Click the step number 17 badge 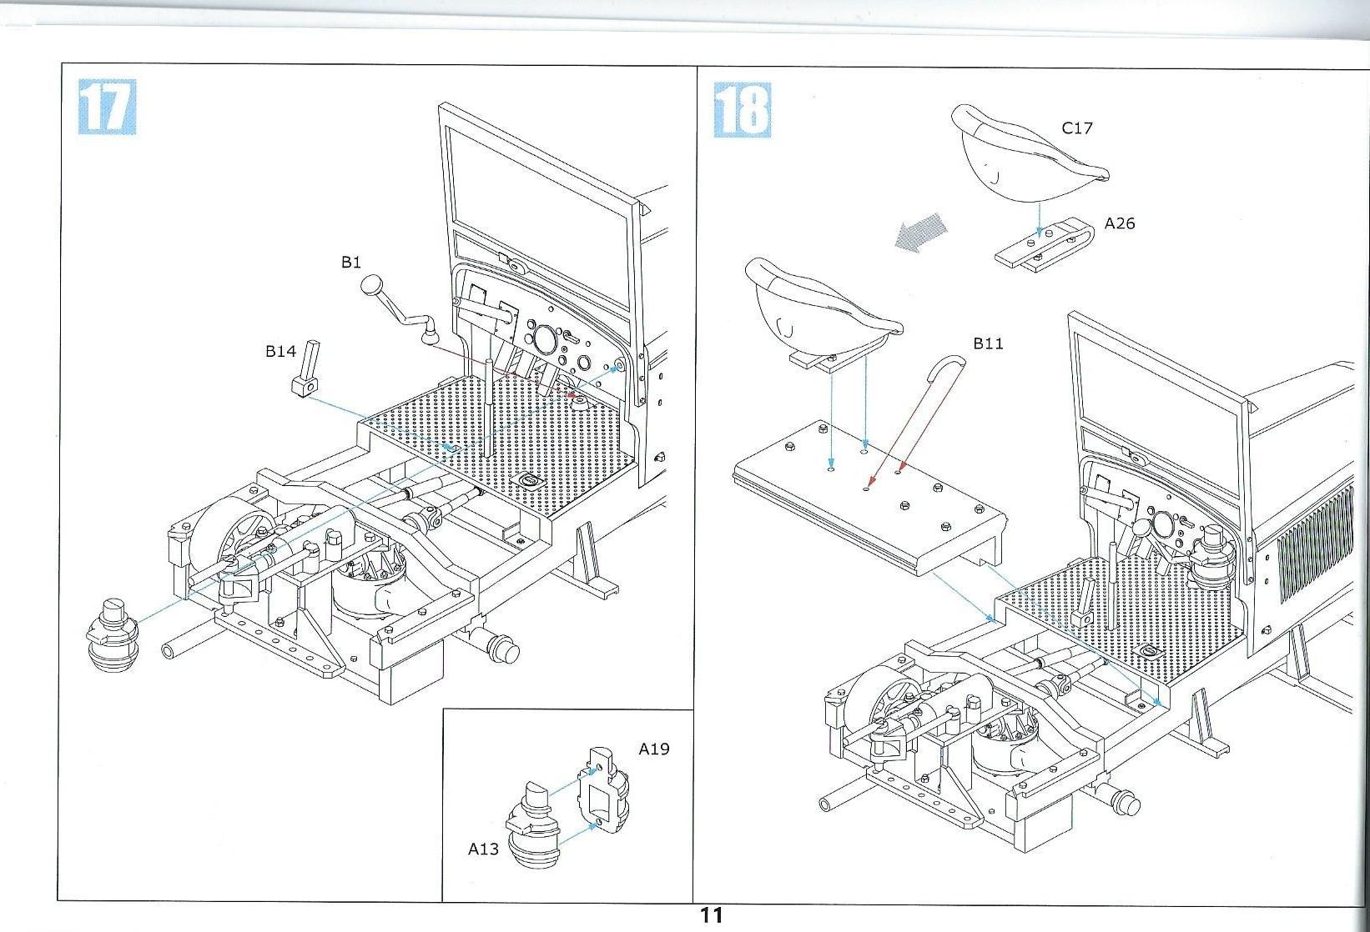[x=107, y=107]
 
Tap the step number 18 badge [x=743, y=109]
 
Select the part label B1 [x=351, y=263]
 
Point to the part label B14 [x=280, y=351]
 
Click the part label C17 [x=1077, y=128]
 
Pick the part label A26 [x=1120, y=223]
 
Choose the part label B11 [x=989, y=343]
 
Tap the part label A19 [x=654, y=749]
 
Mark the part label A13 [x=483, y=849]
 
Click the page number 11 [x=711, y=914]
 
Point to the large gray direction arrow [x=920, y=232]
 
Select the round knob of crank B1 [x=371, y=286]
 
